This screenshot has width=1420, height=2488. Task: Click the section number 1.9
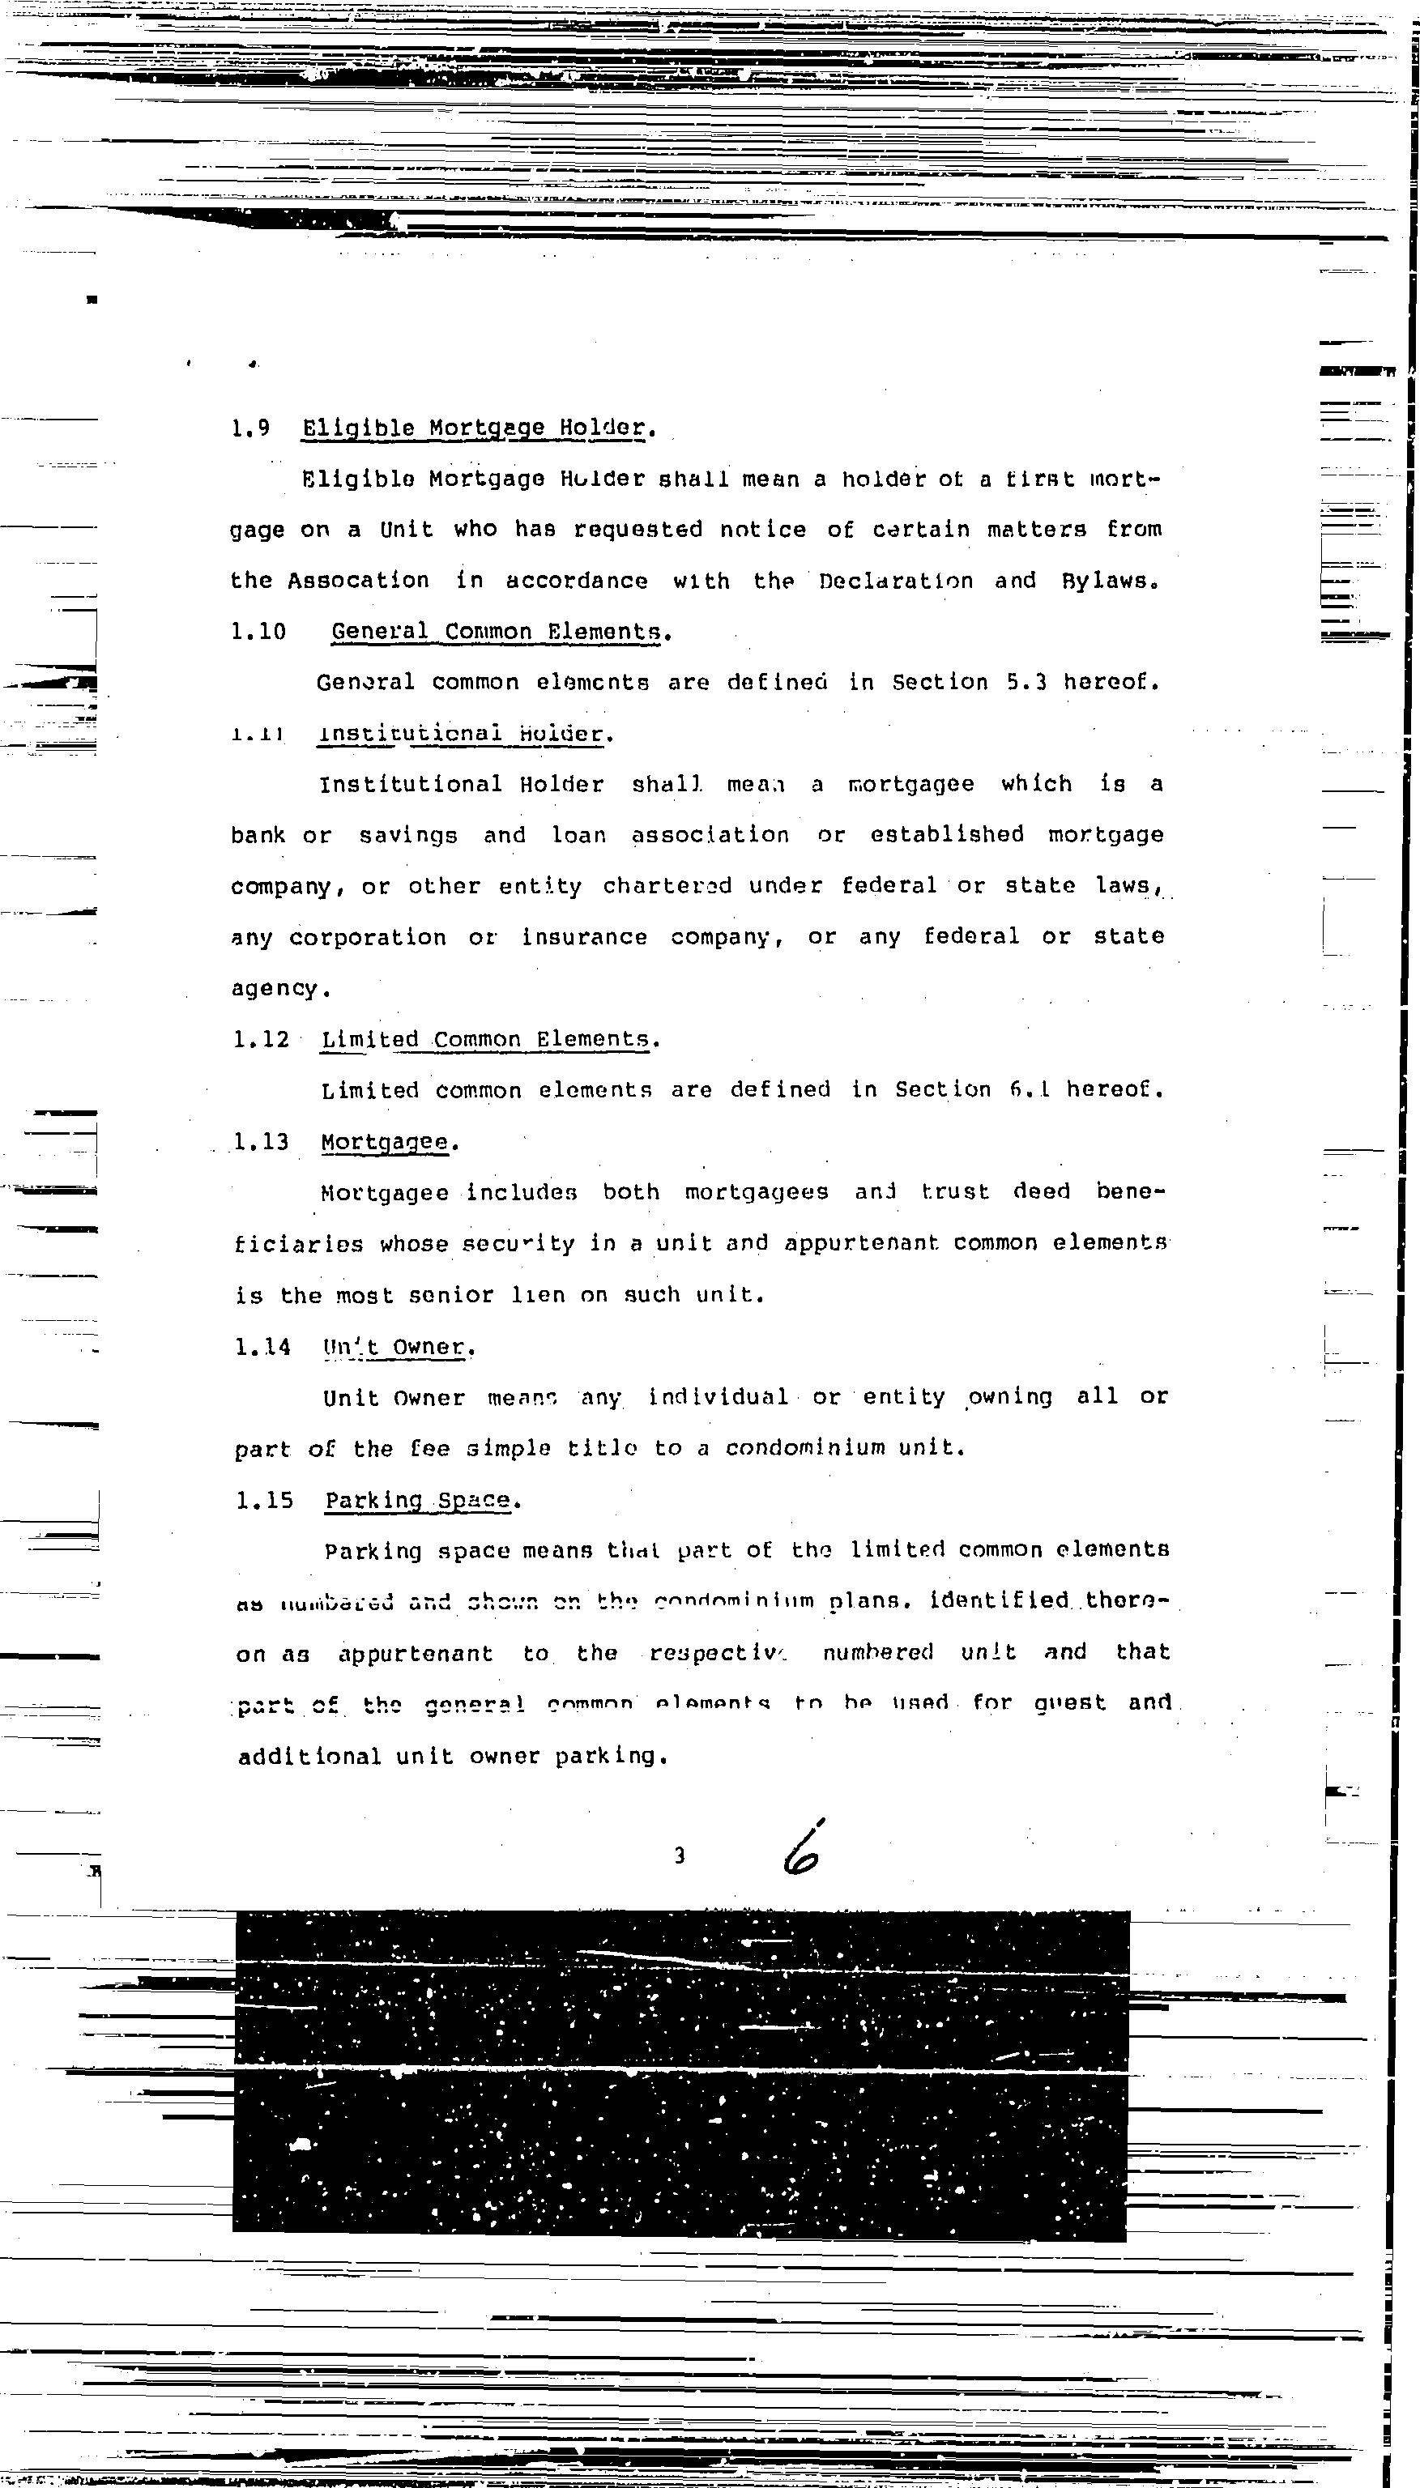(250, 428)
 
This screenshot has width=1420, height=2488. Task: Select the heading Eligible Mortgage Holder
(474, 428)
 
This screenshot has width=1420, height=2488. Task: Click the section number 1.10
(258, 632)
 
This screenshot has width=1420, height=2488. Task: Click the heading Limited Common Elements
(486, 1039)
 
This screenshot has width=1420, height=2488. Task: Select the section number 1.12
(262, 1039)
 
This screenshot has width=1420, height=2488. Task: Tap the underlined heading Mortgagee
(386, 1142)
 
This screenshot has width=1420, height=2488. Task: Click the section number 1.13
(262, 1142)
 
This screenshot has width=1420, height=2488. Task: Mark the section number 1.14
(263, 1348)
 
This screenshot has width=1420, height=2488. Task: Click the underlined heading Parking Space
(417, 1499)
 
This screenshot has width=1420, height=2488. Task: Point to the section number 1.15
(264, 1499)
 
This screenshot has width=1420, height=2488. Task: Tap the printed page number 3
(680, 1855)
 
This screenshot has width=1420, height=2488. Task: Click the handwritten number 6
(802, 1850)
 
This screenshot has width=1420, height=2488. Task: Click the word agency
(275, 989)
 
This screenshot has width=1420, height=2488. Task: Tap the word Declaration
(895, 581)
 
